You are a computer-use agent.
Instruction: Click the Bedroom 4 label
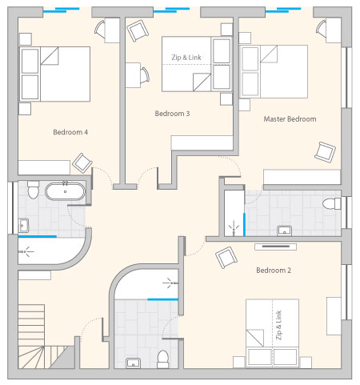(70, 132)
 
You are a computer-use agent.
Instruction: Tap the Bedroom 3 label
(172, 114)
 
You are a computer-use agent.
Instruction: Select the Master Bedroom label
(290, 119)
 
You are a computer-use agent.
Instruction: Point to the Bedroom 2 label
(274, 271)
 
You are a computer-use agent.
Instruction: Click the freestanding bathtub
(65, 191)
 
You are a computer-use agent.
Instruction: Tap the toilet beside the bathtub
(33, 190)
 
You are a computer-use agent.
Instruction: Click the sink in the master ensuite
(284, 231)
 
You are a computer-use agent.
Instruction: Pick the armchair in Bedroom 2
(226, 257)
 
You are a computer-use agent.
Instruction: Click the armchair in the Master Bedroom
(325, 152)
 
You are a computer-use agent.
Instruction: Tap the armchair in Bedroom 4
(82, 162)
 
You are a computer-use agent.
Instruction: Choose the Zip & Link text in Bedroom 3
(186, 58)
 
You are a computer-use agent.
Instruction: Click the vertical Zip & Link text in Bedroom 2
(279, 325)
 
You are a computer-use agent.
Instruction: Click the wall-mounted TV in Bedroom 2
(276, 247)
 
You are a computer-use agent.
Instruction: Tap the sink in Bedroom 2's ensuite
(133, 363)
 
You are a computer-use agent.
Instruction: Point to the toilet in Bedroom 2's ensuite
(162, 359)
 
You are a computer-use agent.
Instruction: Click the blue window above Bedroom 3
(171, 10)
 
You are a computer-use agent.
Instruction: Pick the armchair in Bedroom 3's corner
(138, 30)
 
